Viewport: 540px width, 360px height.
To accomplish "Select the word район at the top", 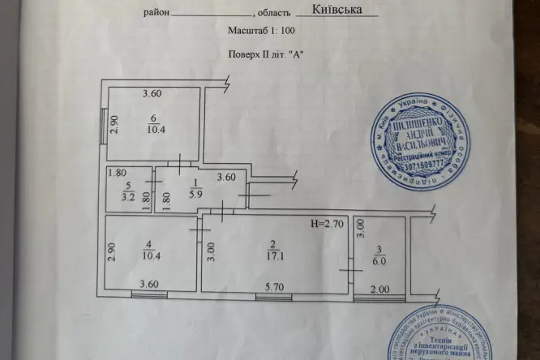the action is [x=157, y=14].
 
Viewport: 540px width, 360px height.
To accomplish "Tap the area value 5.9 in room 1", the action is [x=195, y=194].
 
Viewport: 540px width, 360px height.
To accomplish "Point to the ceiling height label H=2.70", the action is [x=328, y=223].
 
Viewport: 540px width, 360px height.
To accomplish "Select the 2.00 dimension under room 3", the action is [x=380, y=288].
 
